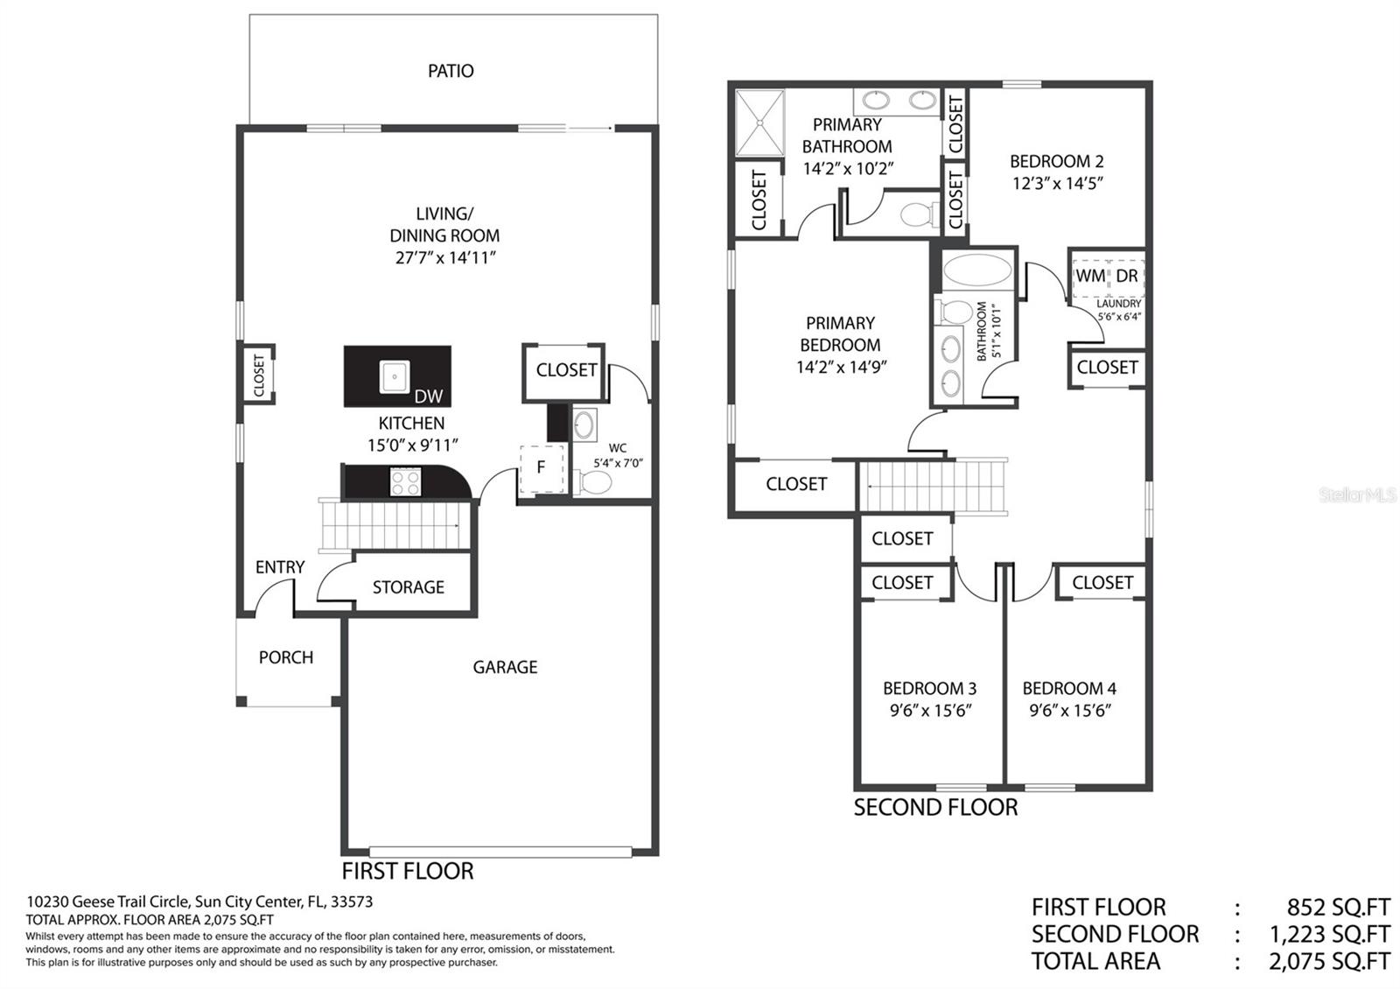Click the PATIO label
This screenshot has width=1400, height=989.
[451, 71]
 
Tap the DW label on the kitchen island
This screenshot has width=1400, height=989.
[428, 396]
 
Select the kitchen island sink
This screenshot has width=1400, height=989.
[395, 376]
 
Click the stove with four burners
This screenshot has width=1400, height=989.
[405, 482]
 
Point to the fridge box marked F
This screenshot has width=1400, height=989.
[542, 468]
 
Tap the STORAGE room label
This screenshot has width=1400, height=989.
[408, 587]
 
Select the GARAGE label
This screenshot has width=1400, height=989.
[505, 667]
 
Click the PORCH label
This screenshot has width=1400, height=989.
[285, 657]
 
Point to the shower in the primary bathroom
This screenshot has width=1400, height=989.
[759, 123]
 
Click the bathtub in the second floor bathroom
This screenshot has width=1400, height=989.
[976, 270]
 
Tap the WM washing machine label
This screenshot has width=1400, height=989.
[1090, 276]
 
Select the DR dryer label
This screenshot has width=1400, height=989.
[1127, 276]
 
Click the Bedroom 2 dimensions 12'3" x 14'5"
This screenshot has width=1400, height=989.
[1058, 183]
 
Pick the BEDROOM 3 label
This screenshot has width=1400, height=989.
[929, 688]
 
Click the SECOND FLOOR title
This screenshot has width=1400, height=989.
[935, 807]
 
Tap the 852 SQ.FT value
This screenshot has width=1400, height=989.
[1338, 907]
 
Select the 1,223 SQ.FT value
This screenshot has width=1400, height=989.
[1329, 934]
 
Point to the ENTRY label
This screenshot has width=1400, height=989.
[280, 567]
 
